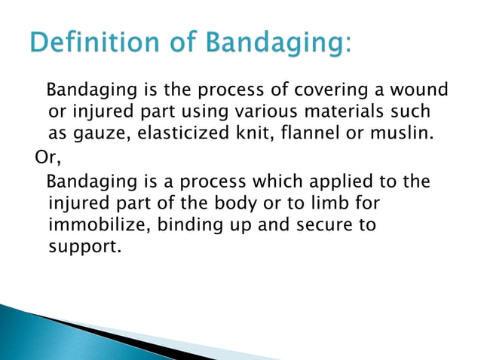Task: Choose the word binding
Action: click(x=178, y=225)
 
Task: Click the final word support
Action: click(x=82, y=246)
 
